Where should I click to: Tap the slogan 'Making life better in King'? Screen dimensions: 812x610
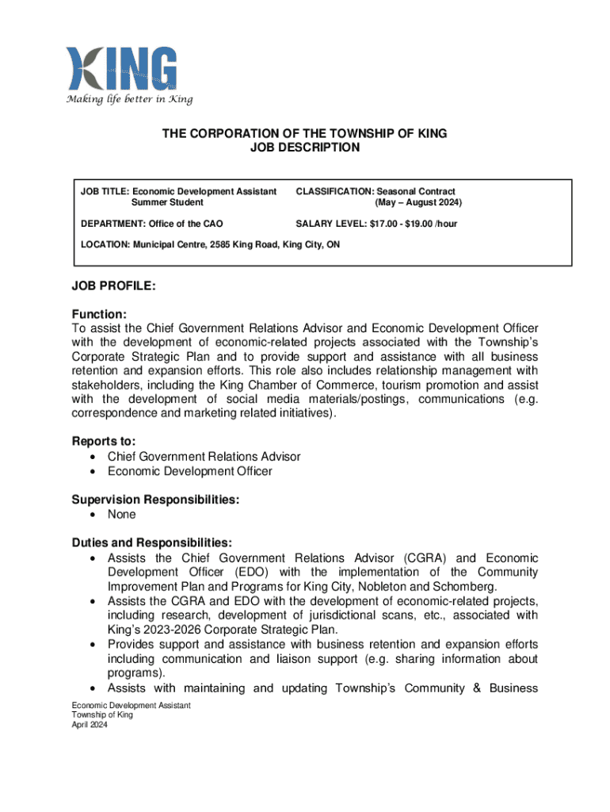pyautogui.click(x=129, y=99)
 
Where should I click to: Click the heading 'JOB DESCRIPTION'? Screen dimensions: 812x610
pyautogui.click(x=305, y=147)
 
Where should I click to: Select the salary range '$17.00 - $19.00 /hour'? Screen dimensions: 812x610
pyautogui.click(x=413, y=224)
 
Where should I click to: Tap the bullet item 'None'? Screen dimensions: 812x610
pyautogui.click(x=121, y=515)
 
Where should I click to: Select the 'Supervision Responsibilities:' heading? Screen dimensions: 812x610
pyautogui.click(x=155, y=500)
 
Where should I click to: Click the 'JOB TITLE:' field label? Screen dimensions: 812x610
pyautogui.click(x=105, y=191)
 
